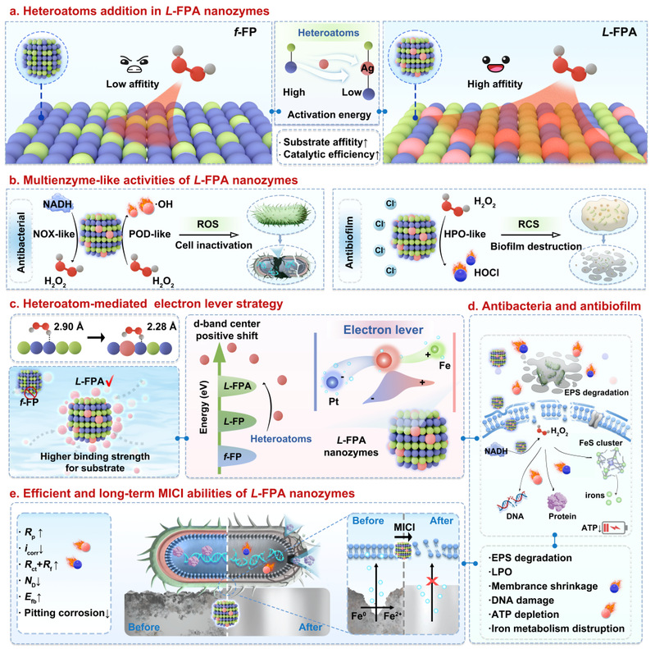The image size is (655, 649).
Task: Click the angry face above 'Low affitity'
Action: point(134,63)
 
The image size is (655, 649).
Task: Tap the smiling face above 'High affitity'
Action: point(495,64)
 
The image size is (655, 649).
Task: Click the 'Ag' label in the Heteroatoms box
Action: point(367,68)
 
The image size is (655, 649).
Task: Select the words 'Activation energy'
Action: point(330,115)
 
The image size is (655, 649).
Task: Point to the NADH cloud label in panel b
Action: point(57,204)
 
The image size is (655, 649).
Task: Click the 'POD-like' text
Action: point(149,234)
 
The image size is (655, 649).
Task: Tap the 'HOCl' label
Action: point(486,272)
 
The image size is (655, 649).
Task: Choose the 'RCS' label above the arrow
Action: point(529,224)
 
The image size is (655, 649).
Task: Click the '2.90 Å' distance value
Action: point(69,327)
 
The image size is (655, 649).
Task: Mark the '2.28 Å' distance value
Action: point(161,327)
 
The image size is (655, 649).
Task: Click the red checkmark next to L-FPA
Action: point(110,381)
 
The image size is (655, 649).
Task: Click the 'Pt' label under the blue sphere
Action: point(334,402)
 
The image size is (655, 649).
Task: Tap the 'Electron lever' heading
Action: point(383,330)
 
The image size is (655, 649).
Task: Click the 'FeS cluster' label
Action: point(601,443)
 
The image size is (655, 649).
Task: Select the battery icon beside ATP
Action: point(615,528)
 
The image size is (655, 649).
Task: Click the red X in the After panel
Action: point(432,581)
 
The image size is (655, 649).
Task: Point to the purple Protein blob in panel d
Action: point(557,501)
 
